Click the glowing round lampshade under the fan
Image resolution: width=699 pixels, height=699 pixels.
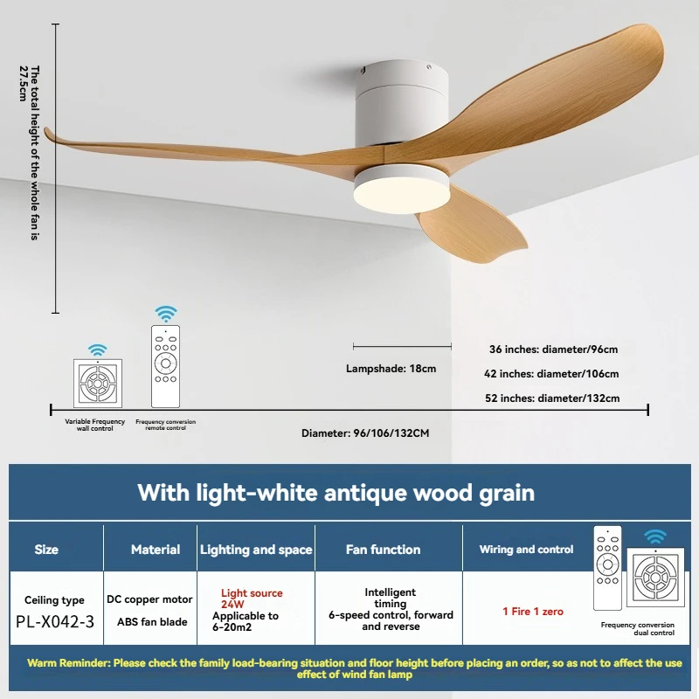401,189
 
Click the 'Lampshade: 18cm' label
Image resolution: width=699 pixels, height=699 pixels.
391,369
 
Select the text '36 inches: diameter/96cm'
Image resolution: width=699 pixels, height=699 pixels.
553,349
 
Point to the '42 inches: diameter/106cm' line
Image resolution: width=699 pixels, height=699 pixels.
551,374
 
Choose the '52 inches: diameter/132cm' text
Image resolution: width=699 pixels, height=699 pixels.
552,398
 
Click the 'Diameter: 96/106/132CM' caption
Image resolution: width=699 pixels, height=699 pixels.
365,433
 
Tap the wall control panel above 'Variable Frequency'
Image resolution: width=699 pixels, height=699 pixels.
98,383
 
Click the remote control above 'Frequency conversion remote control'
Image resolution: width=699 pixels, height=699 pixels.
165,366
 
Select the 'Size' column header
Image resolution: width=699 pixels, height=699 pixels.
46,550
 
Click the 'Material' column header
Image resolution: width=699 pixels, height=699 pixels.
156,550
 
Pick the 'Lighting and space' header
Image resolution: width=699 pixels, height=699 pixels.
256,550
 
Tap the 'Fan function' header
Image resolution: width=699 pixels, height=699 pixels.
383,550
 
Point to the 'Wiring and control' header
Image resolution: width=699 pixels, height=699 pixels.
526,550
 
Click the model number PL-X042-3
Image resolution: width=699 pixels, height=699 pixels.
55,621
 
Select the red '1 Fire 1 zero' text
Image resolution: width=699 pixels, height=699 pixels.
533,612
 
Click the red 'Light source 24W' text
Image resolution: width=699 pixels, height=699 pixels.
252,599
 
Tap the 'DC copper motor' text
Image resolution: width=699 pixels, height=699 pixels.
149,599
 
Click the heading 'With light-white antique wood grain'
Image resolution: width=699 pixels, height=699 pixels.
336,493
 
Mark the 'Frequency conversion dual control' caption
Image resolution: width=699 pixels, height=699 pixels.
638,628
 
